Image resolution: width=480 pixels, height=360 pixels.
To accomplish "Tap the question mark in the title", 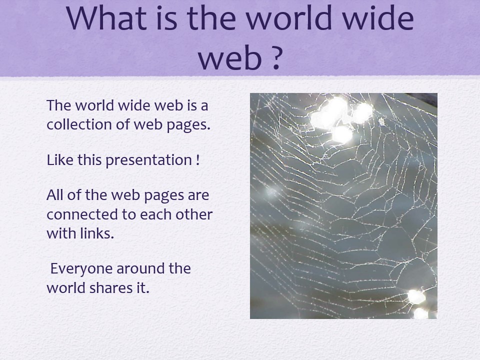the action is coord(276,57).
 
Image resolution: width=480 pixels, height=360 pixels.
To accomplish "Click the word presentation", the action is coord(149,160).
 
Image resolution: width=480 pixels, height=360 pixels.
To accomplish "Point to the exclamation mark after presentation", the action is coord(197,160).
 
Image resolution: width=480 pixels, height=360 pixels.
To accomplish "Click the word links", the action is coord(97,233).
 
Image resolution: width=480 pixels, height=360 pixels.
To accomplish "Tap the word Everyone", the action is coord(81,269).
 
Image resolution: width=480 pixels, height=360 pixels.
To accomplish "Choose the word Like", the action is coord(60,160).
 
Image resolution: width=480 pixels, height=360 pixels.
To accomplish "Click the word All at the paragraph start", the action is coord(55,194).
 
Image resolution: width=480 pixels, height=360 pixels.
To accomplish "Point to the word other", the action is coord(194,214).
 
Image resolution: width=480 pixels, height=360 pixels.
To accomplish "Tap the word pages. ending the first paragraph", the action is coord(188,125).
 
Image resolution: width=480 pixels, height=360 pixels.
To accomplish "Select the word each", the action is coord(155,214).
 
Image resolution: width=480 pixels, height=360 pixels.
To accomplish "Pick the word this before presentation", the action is coord(89,160).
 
